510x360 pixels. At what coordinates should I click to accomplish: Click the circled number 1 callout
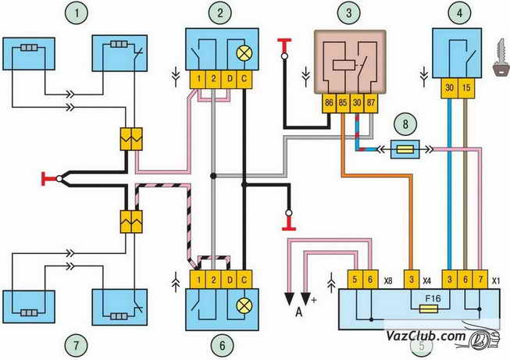[77, 13]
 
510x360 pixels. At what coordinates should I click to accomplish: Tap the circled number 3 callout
[349, 13]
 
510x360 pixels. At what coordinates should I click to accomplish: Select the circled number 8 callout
[405, 124]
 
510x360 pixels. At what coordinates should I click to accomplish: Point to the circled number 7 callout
[77, 345]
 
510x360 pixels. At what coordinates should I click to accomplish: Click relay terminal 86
[329, 103]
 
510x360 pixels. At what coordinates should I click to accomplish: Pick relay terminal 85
[343, 103]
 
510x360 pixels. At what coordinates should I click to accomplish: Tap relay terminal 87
[371, 103]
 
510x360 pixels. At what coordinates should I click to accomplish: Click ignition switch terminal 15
[466, 88]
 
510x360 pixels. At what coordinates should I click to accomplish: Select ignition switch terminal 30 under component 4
[449, 88]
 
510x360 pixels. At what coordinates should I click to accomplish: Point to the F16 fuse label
[433, 298]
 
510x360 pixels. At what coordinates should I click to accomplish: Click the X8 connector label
[388, 281]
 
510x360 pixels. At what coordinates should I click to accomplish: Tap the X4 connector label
[427, 280]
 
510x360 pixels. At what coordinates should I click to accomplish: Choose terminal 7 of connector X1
[480, 279]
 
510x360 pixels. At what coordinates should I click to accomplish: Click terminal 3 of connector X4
[412, 279]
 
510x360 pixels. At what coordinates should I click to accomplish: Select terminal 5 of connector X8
[355, 279]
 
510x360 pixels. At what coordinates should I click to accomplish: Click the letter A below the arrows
[299, 312]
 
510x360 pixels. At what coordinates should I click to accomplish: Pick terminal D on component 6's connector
[230, 280]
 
